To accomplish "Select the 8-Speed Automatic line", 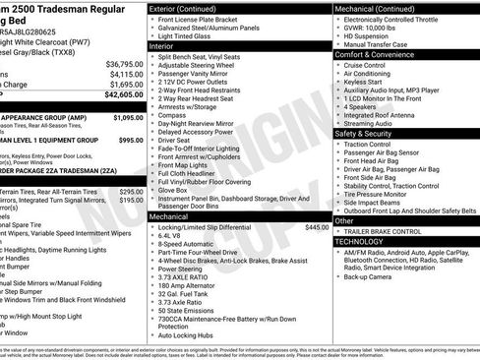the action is coord(188,247).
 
